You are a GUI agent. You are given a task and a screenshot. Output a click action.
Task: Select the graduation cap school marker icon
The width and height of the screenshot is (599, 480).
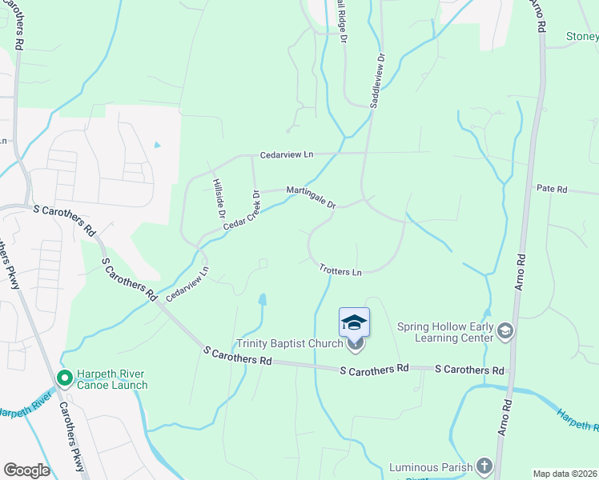point(355,322)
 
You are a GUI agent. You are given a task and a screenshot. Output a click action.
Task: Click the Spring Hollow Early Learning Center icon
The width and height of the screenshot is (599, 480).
point(505,330)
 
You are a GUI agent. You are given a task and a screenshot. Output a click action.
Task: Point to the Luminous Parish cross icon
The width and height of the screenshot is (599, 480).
point(484,466)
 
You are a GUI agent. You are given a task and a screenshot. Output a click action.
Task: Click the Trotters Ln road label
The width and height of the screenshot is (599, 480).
point(340,270)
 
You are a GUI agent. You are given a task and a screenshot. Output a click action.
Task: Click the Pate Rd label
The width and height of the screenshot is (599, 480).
point(552,190)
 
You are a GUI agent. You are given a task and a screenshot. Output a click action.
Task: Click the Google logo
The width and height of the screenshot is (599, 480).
point(26,470)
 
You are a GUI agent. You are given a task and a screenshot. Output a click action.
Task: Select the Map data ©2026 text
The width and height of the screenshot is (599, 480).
point(565,474)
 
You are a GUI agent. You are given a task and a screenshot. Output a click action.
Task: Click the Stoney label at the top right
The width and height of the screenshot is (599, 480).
point(582,37)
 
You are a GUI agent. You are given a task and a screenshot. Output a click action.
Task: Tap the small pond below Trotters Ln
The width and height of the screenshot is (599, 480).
point(262,300)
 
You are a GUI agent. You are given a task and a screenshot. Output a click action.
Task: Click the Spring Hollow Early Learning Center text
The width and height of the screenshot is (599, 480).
point(446,332)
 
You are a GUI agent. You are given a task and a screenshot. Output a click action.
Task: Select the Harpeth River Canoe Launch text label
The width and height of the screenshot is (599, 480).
point(112,378)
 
